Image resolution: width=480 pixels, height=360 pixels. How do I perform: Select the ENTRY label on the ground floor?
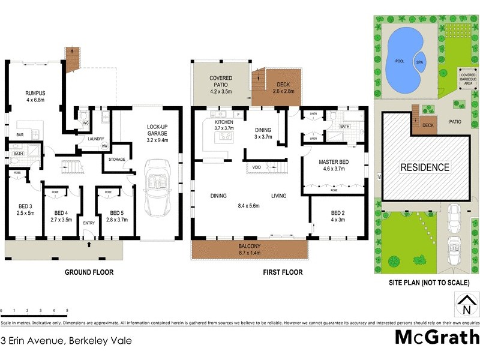[89, 223]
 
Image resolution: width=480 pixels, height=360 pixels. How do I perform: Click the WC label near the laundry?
[86, 124]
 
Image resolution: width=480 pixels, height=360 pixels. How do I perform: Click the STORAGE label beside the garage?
[116, 160]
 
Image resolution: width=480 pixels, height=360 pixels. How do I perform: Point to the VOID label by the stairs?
[257, 167]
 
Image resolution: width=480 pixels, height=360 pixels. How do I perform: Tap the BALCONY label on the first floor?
[248, 246]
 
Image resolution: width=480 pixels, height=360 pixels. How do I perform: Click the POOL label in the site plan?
[399, 61]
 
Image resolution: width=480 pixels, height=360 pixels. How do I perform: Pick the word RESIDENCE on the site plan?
[424, 167]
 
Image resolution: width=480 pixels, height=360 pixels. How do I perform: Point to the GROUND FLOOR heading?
[89, 272]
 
